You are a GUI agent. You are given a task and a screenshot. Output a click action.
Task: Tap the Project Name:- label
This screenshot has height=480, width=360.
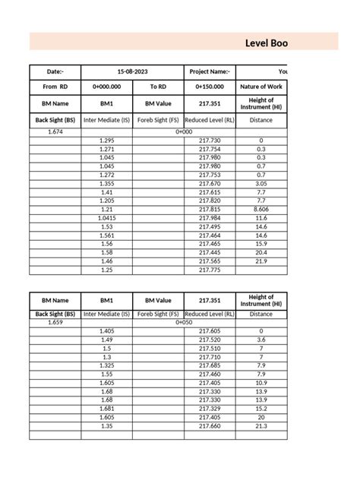[x=210, y=71]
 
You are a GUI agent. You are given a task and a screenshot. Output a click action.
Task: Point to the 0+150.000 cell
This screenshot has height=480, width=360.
[x=210, y=87]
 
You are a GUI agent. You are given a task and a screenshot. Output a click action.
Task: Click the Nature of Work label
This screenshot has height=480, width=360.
[x=261, y=87]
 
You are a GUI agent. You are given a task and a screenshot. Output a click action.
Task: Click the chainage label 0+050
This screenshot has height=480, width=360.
[x=184, y=323]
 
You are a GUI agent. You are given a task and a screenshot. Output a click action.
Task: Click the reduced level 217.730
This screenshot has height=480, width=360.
[x=210, y=141]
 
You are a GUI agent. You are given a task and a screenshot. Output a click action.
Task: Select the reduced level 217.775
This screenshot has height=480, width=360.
[x=210, y=270]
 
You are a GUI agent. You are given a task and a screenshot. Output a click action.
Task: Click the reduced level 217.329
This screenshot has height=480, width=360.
[x=210, y=409]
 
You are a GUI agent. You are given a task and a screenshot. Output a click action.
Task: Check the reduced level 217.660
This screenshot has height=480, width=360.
[x=210, y=426]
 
